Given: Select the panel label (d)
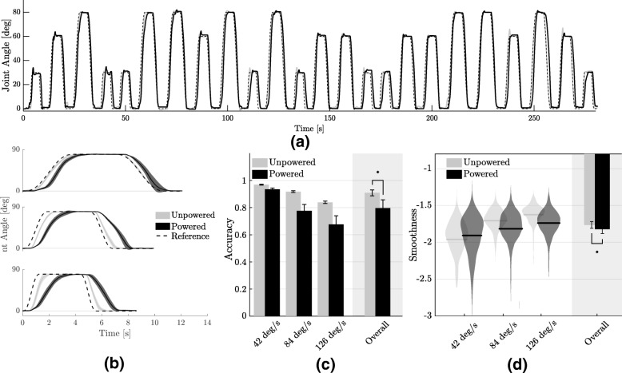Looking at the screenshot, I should (x=518, y=359).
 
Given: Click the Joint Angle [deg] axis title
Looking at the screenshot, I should (x=6, y=58).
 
